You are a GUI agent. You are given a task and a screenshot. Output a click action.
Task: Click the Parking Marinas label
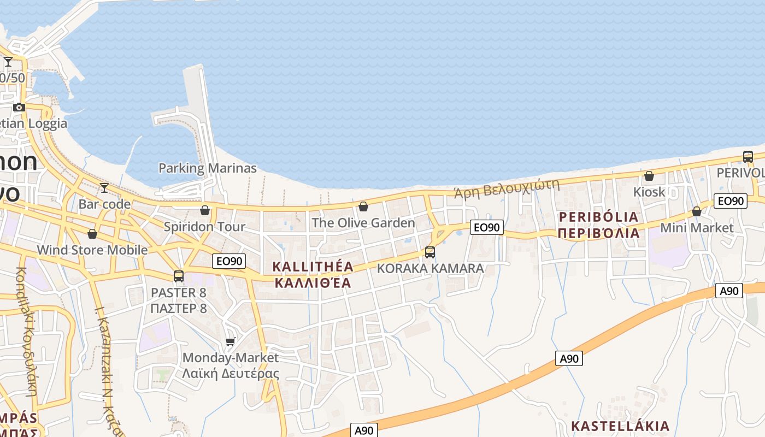pyautogui.click(x=207, y=168)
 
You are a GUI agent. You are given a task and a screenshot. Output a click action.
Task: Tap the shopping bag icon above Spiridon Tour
pyautogui.click(x=205, y=210)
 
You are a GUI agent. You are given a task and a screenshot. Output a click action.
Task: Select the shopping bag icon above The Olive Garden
pyautogui.click(x=363, y=206)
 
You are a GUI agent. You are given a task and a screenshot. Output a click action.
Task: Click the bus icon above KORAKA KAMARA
pyautogui.click(x=430, y=252)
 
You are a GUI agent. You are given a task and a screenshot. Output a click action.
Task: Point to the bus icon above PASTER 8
pyautogui.click(x=179, y=276)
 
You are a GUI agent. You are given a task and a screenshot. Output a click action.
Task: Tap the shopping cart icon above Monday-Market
pyautogui.click(x=231, y=342)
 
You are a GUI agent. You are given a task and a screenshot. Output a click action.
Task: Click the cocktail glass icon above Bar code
pyautogui.click(x=104, y=188)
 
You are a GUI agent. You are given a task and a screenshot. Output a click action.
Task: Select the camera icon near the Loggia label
pyautogui.click(x=19, y=107)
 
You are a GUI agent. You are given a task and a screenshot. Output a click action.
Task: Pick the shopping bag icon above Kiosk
pyautogui.click(x=649, y=176)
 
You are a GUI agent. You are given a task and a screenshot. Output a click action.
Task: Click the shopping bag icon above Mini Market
pyautogui.click(x=697, y=211)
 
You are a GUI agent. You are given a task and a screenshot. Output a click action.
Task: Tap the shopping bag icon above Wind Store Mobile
pyautogui.click(x=92, y=234)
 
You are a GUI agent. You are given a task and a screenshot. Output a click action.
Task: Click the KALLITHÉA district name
pyautogui.click(x=313, y=267)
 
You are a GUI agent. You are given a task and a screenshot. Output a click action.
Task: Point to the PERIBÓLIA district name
pyautogui.click(x=598, y=217)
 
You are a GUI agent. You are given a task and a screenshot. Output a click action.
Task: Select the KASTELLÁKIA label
pyautogui.click(x=620, y=426)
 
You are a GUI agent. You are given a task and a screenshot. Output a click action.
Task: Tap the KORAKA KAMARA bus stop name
pyautogui.click(x=431, y=269)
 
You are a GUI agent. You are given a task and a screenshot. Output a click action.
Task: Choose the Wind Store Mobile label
pyautogui.click(x=92, y=250)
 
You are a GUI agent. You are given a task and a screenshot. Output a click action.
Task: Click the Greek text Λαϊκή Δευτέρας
pyautogui.click(x=231, y=374)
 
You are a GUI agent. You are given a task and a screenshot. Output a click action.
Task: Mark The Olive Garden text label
pyautogui.click(x=363, y=223)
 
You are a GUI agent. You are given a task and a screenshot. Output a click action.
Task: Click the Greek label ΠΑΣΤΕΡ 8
pyautogui.click(x=179, y=308)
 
